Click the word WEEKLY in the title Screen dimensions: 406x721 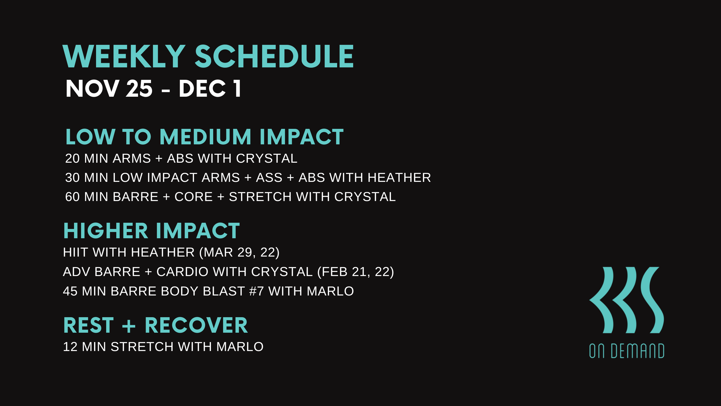tap(124, 57)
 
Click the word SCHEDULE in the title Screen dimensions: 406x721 tap(274, 57)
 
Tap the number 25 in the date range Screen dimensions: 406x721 tap(139, 89)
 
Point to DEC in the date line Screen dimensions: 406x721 tap(202, 89)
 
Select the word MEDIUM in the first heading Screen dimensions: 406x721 tap(205, 137)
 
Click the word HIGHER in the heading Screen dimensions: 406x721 tap(106, 231)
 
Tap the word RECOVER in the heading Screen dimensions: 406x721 tap(196, 325)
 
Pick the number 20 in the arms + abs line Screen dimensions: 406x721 tap(72, 158)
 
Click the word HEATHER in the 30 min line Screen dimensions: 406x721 tap(399, 178)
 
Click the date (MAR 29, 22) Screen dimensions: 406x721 tap(239, 252)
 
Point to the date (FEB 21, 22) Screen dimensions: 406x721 tap(356, 272)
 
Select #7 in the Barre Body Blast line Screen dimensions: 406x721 tap(256, 291)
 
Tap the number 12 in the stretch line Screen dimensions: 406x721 tap(70, 347)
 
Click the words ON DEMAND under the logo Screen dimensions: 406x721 tap(626, 351)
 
